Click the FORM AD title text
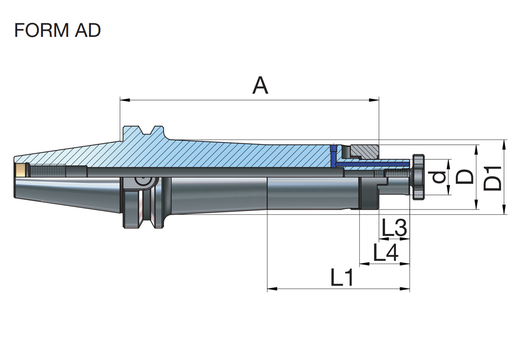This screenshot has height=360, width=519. point(58,31)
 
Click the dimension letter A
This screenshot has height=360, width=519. point(260,86)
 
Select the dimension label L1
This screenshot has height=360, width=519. point(342,279)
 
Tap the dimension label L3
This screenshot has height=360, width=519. point(394,227)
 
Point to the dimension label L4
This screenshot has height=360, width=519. point(386,253)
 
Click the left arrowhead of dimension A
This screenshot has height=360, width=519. point(123,99)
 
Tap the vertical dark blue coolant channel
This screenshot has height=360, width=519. point(333,154)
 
